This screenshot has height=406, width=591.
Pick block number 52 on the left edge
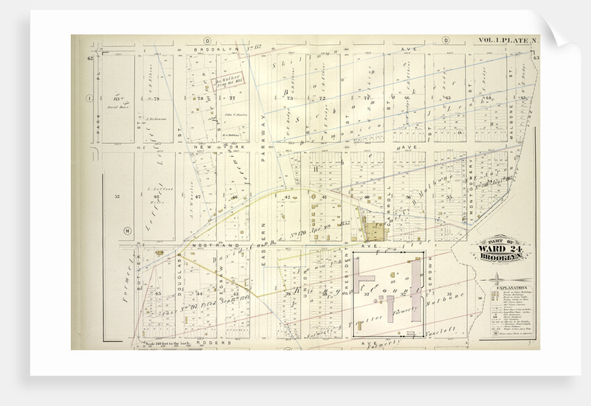(x=117, y=197)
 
